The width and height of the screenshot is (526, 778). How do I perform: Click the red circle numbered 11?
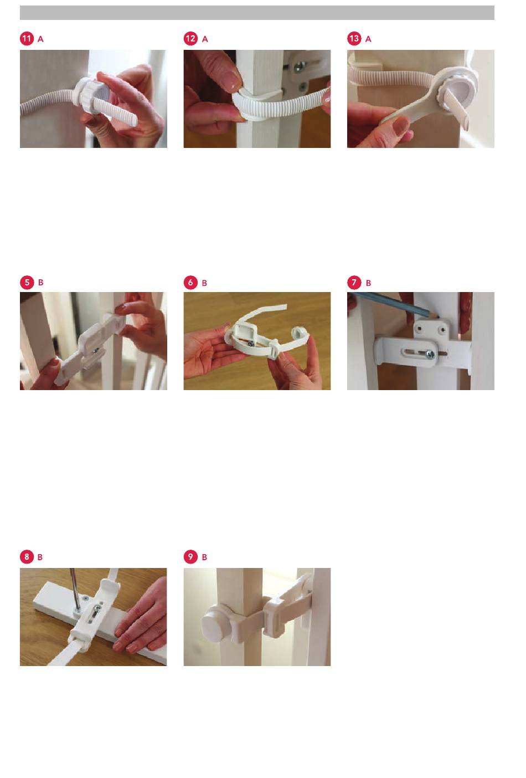click(27, 39)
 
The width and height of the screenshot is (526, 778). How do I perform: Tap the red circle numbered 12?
click(190, 39)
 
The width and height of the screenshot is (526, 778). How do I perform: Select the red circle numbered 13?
click(354, 39)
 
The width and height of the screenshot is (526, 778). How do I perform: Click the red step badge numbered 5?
click(27, 283)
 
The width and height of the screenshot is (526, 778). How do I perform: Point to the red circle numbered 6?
click(190, 283)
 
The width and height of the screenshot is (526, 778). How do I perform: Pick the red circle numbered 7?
click(354, 283)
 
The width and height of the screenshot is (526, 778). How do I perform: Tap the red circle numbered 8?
click(27, 557)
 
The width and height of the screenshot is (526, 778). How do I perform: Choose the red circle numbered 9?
click(190, 557)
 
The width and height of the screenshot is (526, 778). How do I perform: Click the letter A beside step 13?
click(369, 39)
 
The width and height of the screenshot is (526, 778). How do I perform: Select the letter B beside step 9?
click(204, 557)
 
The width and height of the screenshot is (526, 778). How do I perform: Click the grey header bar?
click(257, 13)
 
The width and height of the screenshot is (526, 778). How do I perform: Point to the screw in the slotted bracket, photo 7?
click(430, 354)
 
